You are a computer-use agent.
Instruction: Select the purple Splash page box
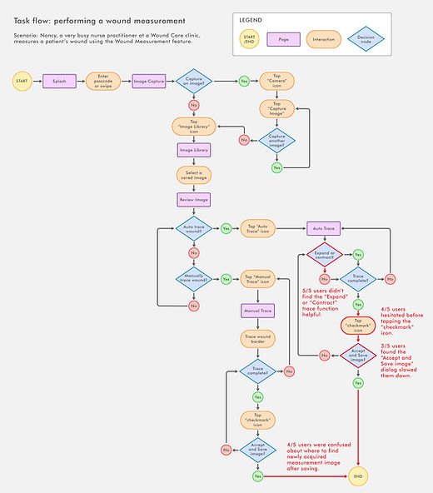click(x=60, y=82)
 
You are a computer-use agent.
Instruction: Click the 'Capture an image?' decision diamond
click(x=193, y=82)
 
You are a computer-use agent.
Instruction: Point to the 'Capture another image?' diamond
click(x=276, y=139)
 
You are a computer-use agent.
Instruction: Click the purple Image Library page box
click(x=193, y=151)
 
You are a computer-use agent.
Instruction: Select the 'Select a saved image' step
click(x=193, y=175)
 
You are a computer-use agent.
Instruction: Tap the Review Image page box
click(x=193, y=200)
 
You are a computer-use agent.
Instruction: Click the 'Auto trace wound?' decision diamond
click(x=193, y=227)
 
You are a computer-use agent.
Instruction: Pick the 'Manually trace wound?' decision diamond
click(x=193, y=279)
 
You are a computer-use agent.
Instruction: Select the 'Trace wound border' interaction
click(x=257, y=338)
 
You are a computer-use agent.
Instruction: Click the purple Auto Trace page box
click(x=324, y=227)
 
